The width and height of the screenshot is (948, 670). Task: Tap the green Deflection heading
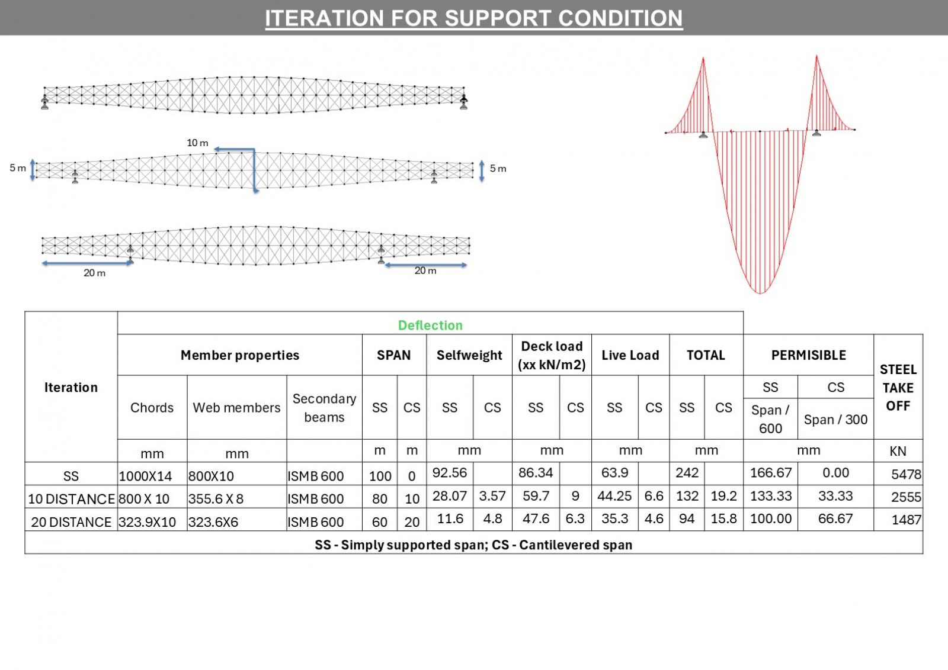coord(430,325)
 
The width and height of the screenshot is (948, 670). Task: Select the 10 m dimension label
coord(197,143)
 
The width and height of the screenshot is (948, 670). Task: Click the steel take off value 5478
coord(906,474)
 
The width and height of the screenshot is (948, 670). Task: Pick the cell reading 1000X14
coord(145,476)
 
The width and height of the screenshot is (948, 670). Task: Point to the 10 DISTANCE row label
coord(71,499)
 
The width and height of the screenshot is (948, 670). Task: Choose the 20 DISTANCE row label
coord(71,522)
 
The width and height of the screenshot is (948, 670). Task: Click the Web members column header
coord(236,407)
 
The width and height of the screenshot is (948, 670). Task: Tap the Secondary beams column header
coord(324,408)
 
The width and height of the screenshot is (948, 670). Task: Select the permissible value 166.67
coord(770,472)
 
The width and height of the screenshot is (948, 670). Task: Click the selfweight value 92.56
coord(450,472)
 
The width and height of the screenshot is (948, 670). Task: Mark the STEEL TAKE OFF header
coord(898,388)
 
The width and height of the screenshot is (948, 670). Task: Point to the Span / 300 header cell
coord(835,419)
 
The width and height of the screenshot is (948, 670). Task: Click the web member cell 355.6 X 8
coord(216,499)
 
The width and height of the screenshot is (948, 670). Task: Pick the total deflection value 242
coord(687,472)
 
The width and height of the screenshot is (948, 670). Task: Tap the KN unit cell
coord(898,451)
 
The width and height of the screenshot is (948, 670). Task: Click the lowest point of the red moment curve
coord(760,294)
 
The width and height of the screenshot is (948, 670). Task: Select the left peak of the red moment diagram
coord(703,58)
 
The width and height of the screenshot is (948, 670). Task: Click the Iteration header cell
coord(71,387)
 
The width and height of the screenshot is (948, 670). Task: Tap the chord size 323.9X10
coord(147,522)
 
